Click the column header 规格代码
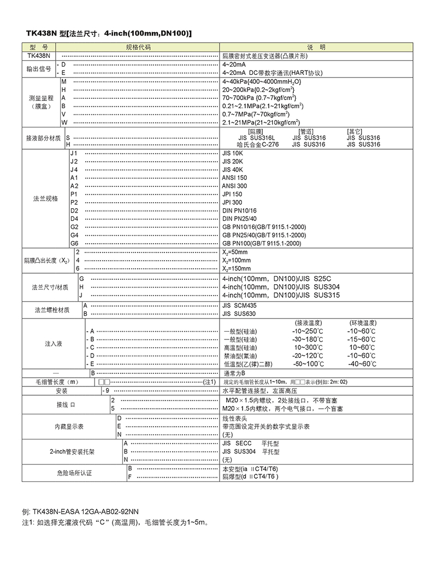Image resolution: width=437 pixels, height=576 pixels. (138, 48)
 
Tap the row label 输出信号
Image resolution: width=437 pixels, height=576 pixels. (39, 68)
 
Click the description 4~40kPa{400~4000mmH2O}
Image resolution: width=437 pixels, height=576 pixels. (254, 81)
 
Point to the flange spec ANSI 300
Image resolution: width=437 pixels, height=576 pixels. (234, 186)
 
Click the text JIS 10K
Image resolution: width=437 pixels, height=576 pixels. (232, 154)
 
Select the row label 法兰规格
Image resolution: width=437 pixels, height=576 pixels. (45, 198)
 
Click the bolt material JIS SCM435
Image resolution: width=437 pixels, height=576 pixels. (239, 305)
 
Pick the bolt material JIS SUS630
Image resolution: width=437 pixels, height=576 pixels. (239, 314)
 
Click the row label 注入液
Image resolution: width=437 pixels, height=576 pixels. (54, 344)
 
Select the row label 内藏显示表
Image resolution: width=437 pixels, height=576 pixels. (68, 426)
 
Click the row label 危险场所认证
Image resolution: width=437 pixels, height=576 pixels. (74, 473)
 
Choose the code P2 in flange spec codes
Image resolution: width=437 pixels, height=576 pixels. (74, 202)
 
